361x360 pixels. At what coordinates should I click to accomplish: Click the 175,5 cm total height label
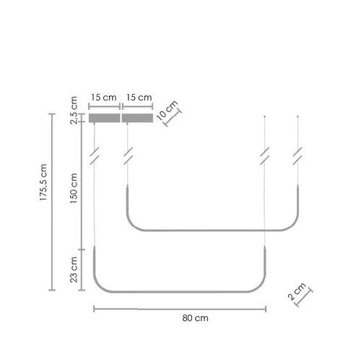pyautogui.click(x=44, y=186)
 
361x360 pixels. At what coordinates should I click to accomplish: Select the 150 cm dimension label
pyautogui.click(x=72, y=186)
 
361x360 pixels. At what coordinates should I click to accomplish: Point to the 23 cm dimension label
pyautogui.click(x=72, y=269)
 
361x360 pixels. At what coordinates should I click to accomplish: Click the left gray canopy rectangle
pyautogui.click(x=104, y=118)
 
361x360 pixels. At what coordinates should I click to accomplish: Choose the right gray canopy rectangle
pyautogui.click(x=138, y=118)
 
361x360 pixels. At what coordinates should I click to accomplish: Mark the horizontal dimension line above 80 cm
pyautogui.click(x=180, y=309)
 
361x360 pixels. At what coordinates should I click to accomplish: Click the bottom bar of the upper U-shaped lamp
pyautogui.click(x=213, y=231)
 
